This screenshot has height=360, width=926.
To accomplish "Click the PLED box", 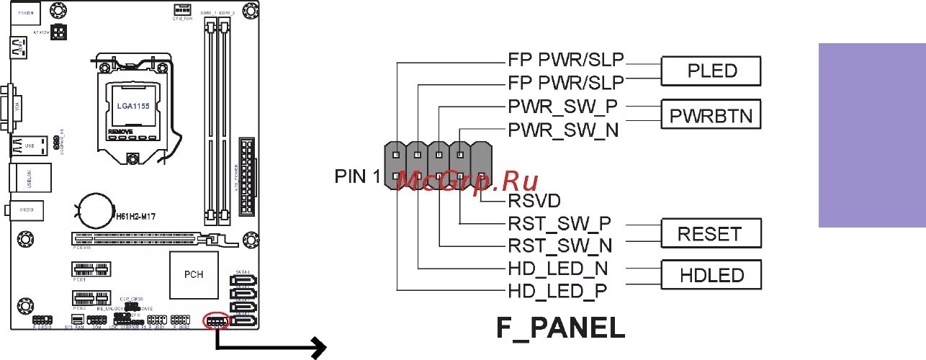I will pyautogui.click(x=711, y=72).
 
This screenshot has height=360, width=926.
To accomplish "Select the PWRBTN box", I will pyautogui.click(x=711, y=115).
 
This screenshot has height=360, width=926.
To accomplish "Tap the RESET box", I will pyautogui.click(x=709, y=234).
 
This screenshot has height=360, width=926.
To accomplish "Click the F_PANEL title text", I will pyautogui.click(x=561, y=328).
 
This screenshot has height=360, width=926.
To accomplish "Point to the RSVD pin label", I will pyautogui.click(x=534, y=200).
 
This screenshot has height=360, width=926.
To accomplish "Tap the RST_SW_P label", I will pyautogui.click(x=559, y=224).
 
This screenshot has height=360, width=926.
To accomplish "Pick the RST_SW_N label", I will pyautogui.click(x=559, y=246).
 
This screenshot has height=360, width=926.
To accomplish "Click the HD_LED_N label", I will pyautogui.click(x=558, y=268).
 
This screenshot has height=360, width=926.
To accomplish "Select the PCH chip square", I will pyautogui.click(x=194, y=274).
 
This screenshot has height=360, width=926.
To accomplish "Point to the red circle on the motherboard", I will pyautogui.click(x=217, y=320).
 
